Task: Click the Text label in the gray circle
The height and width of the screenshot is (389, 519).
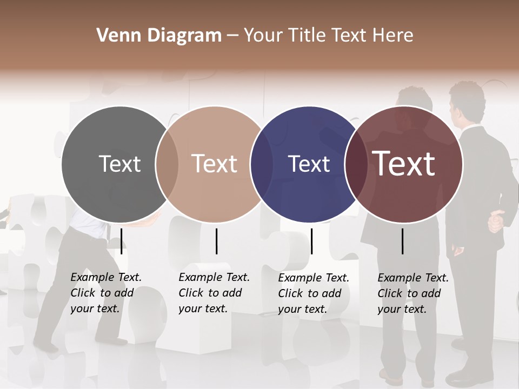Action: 119,164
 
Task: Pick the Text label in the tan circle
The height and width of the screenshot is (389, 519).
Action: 215,164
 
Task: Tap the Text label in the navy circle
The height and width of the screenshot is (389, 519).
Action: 309,164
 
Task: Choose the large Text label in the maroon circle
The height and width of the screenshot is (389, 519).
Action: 404,164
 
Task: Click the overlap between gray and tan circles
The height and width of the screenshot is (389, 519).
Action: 167,164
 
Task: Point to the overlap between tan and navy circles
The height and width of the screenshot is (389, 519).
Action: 262,164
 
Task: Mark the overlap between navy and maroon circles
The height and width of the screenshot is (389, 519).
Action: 356,164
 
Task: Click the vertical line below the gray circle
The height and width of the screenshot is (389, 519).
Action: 122,241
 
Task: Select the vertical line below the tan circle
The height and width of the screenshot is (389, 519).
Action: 216,241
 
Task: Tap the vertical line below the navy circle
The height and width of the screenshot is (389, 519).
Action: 311,241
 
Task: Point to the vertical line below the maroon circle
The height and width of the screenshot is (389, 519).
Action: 403,241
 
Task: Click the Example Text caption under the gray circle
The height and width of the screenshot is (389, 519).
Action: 105,293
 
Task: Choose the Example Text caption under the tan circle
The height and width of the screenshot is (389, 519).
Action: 214,293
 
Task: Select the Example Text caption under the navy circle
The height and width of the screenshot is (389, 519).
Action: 313,293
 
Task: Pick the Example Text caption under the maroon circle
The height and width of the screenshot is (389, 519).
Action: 412,293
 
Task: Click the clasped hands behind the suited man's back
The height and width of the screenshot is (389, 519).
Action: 496,222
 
